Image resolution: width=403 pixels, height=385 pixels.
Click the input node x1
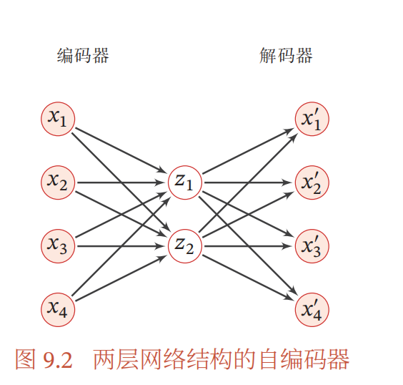click(x=58, y=119)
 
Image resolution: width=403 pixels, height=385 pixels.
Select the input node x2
click(x=58, y=182)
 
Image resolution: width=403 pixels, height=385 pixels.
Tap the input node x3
click(x=58, y=246)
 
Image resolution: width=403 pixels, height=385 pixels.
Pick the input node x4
click(x=58, y=310)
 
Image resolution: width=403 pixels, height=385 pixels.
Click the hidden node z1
click(x=185, y=182)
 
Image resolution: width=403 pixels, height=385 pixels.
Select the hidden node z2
click(x=185, y=246)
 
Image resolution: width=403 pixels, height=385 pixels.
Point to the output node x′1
click(x=312, y=119)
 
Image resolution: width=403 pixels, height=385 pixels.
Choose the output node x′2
click(x=312, y=182)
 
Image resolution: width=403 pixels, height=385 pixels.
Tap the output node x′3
click(x=312, y=246)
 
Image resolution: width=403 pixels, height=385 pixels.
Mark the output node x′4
click(x=312, y=310)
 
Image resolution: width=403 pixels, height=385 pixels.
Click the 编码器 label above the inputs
click(x=83, y=55)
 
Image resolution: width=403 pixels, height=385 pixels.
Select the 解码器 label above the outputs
click(x=286, y=55)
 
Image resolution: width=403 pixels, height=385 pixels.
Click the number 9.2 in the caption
click(x=58, y=360)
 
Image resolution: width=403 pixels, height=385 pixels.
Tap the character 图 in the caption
click(x=25, y=359)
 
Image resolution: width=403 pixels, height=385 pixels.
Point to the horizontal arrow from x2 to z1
click(x=121, y=182)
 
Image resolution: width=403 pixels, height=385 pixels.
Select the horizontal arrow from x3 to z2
click(x=121, y=246)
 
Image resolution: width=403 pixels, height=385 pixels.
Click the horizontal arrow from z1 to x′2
click(x=248, y=182)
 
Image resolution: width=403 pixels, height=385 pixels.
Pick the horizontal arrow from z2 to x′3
click(x=248, y=246)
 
